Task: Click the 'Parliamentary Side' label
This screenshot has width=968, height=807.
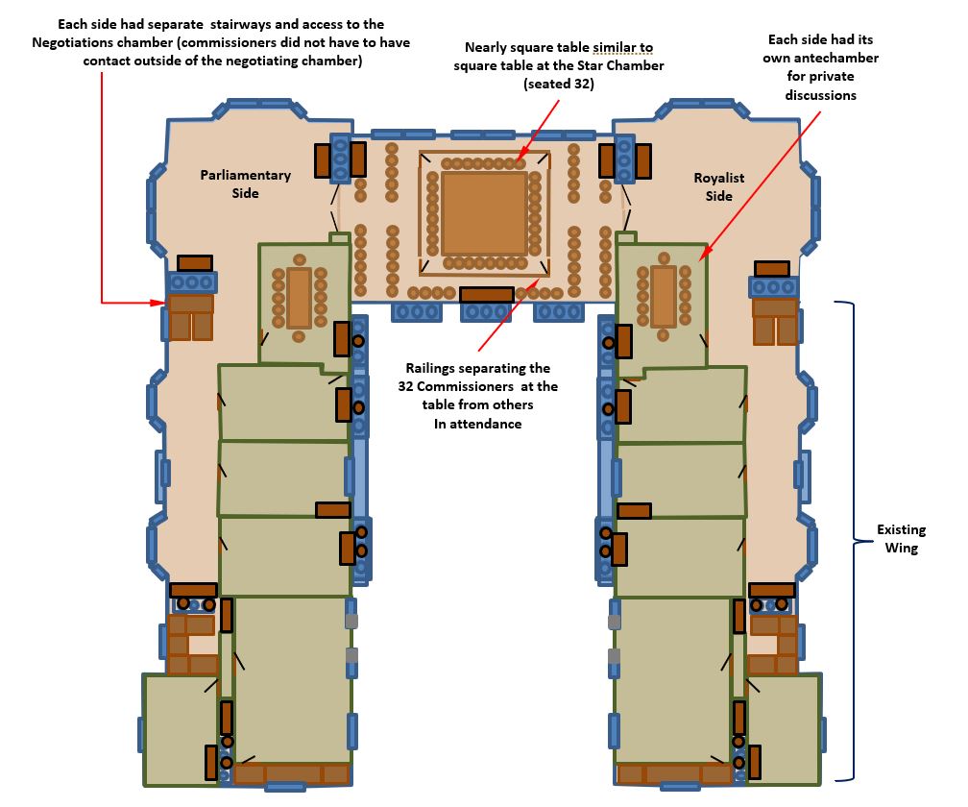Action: [245, 184]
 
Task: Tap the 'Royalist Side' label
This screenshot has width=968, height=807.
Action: [718, 186]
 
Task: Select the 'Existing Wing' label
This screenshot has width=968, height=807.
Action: [902, 538]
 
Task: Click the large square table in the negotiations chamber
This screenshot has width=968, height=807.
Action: [484, 213]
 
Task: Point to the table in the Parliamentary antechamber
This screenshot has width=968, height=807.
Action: [299, 298]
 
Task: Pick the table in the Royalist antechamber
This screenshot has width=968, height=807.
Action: [664, 296]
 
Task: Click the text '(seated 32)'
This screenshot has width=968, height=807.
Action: [559, 84]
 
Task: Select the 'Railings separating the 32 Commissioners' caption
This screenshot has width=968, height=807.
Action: [478, 378]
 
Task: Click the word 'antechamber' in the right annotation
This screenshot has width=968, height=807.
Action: [837, 58]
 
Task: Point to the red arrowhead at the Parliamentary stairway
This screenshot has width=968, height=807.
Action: [159, 303]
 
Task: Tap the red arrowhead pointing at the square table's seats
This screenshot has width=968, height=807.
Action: [520, 155]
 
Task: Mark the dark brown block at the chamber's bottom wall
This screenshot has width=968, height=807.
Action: [487, 295]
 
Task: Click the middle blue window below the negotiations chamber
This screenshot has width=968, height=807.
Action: [486, 312]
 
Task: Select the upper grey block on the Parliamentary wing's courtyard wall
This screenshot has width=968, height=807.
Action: [351, 621]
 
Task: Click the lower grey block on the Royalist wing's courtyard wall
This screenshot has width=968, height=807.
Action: [615, 656]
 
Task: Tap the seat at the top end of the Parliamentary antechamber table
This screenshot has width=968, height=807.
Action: [300, 259]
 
